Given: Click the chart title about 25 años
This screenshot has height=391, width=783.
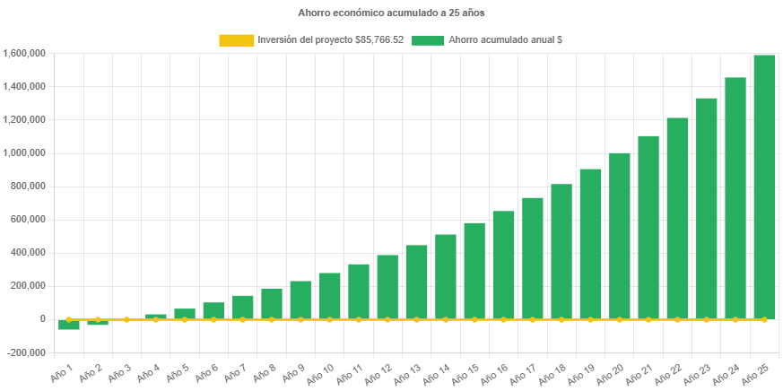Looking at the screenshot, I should pos(391,13).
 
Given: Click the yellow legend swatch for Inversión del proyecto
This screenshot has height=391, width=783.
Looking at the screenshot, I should pos(236,40).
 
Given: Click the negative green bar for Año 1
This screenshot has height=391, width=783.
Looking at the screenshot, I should pos(69,325).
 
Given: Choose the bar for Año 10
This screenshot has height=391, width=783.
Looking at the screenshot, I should pos(329,295).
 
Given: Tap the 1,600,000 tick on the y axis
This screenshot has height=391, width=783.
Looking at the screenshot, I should pos(25,54).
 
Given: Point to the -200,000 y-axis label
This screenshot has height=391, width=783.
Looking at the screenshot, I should pos(27,352).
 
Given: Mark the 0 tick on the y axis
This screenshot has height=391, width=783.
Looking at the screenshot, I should pos(42,319).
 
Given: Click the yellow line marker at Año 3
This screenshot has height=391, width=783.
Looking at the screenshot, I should pos(126,319).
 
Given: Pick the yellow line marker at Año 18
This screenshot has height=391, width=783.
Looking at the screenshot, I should pos(561,319).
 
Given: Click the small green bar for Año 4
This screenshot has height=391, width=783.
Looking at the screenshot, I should pos(156,316).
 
